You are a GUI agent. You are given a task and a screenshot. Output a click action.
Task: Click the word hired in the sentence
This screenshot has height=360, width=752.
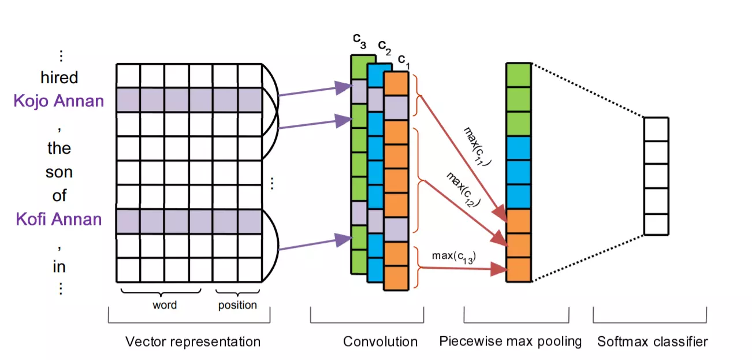tap(59, 77)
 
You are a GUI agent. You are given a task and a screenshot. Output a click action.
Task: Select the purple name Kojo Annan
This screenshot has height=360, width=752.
tap(59, 101)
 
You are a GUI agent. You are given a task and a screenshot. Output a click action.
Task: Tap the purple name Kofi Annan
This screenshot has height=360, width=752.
tap(59, 219)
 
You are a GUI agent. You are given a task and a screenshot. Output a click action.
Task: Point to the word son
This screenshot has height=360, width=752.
tap(59, 172)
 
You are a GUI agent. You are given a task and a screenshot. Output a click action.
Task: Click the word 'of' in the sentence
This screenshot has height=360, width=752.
tap(59, 196)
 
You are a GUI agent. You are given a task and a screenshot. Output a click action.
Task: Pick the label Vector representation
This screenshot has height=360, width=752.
tap(193, 342)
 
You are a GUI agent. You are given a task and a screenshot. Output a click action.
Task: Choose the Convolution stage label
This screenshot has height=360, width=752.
tap(380, 342)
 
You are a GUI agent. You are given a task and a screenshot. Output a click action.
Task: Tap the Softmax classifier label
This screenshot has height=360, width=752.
tap(652, 342)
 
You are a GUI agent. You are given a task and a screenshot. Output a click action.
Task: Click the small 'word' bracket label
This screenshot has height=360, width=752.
tap(165, 305)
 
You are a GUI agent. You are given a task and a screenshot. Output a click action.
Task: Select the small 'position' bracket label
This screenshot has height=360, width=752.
tap(237, 305)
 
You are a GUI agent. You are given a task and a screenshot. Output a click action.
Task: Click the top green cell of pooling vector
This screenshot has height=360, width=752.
tap(518, 75)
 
